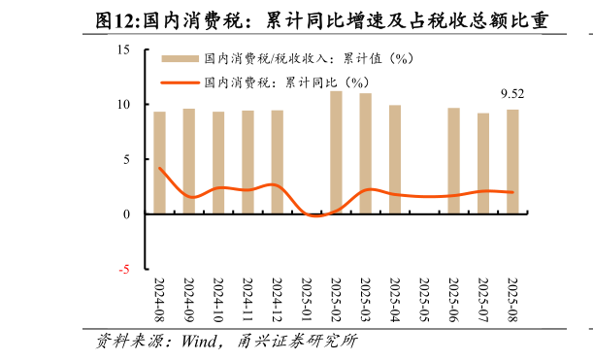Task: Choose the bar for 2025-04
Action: point(395,159)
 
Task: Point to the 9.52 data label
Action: point(512,94)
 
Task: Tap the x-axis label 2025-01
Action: point(307,301)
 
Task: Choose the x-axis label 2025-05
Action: point(424,301)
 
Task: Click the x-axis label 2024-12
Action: point(278,301)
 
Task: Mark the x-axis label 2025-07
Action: point(483,301)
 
